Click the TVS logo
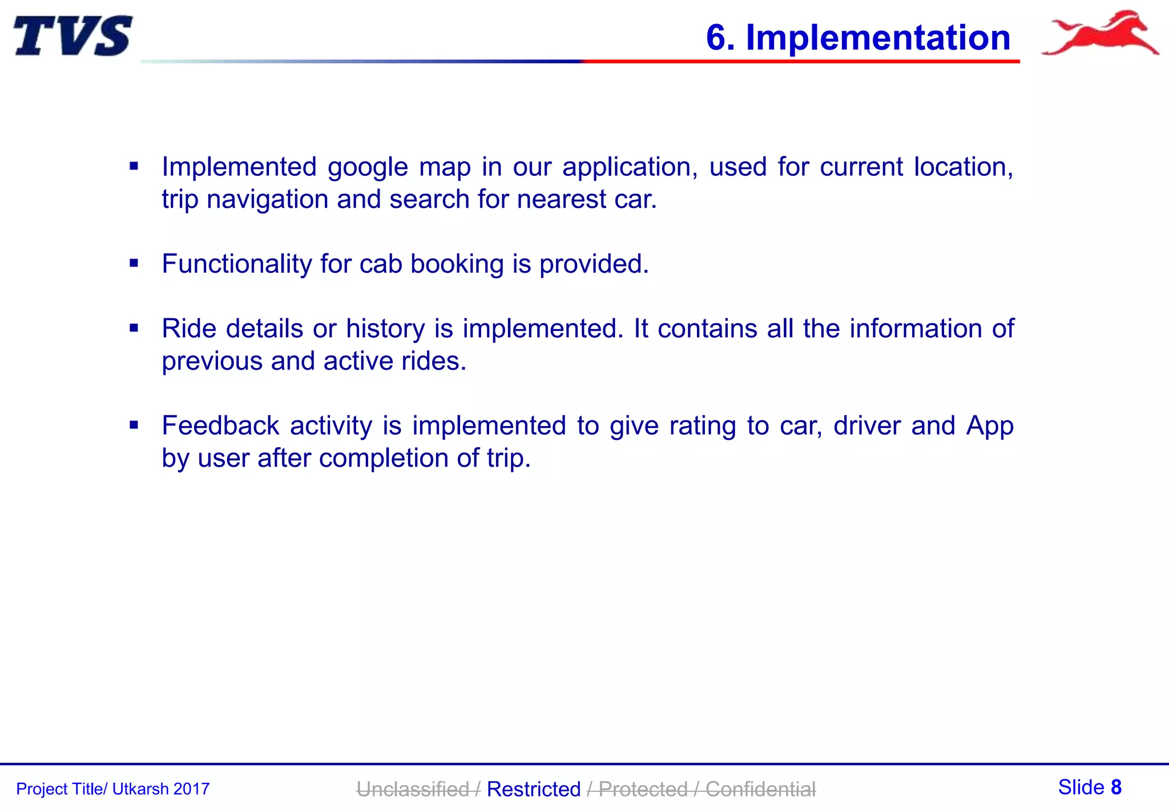click(72, 35)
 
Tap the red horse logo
click(1101, 33)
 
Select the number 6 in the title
click(716, 38)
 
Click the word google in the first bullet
click(368, 168)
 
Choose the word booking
click(457, 264)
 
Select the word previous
click(212, 361)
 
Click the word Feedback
click(220, 426)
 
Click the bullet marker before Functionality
click(134, 264)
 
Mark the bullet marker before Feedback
click(134, 425)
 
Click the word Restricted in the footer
click(534, 789)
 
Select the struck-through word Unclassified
click(412, 789)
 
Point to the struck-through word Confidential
click(760, 789)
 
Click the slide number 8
click(1116, 787)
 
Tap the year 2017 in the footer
click(191, 789)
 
